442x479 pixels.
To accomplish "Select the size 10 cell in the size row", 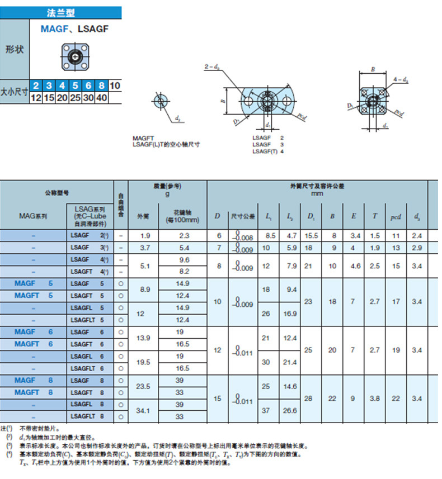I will pos(115,86).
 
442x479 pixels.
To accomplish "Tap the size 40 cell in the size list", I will pos(102,98).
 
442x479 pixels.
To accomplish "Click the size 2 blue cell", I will pos(36,86).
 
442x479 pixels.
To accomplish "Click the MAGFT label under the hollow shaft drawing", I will pos(144,138).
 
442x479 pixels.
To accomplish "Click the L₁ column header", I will pos(269,216).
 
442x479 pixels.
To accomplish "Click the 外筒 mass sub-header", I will pos(143,216).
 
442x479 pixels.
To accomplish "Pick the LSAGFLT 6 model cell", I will pos(88,368).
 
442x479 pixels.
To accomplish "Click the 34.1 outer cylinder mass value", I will pos(143,410).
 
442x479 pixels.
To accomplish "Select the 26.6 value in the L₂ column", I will pos(290,410).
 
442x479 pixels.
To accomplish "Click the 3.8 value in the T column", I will pos(375,399).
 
